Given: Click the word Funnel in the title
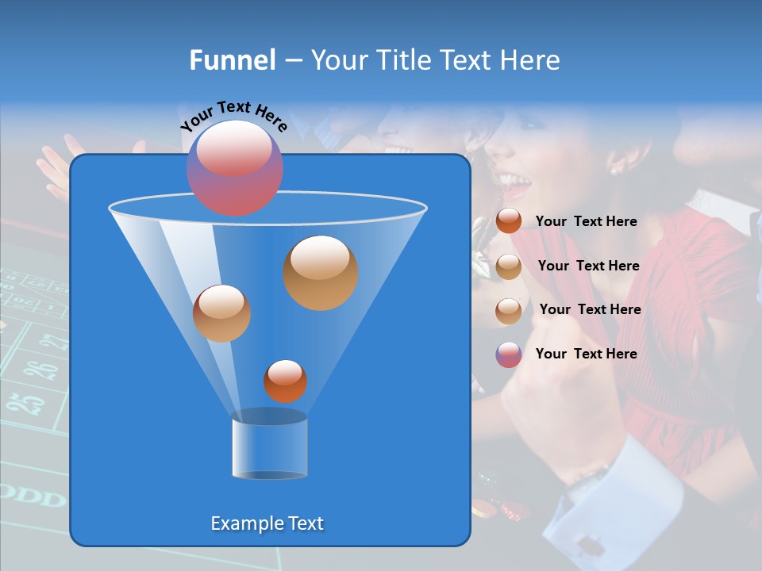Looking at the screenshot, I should pyautogui.click(x=233, y=60).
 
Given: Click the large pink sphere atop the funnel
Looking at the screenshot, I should pyautogui.click(x=235, y=167).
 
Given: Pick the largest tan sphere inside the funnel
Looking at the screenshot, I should pyautogui.click(x=321, y=273).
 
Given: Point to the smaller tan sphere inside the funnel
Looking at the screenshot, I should pyautogui.click(x=221, y=313).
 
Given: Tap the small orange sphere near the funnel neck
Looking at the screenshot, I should pyautogui.click(x=285, y=381).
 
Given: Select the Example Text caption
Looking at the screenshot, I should pyautogui.click(x=267, y=523).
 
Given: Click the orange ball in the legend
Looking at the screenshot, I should pyautogui.click(x=509, y=221).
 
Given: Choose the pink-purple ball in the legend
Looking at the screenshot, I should pyautogui.click(x=509, y=354).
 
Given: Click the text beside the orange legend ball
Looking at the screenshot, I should pyautogui.click(x=586, y=222).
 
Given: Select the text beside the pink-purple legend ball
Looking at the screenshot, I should pyautogui.click(x=586, y=354).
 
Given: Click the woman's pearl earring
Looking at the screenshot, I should pyautogui.click(x=614, y=169).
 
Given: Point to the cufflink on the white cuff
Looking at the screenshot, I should pyautogui.click(x=590, y=546).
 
